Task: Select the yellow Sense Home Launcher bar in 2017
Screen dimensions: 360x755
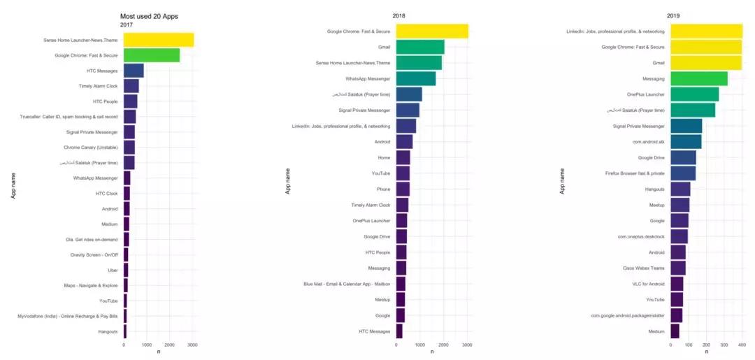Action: point(159,40)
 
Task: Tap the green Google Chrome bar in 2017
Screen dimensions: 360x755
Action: point(152,55)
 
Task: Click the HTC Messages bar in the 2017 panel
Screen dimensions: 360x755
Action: point(134,71)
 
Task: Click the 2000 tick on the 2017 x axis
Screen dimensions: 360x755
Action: point(170,345)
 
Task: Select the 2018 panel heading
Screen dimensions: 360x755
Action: point(398,15)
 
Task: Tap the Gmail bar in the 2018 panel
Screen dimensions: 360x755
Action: point(420,47)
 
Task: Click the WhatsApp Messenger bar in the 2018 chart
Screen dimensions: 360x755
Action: point(416,79)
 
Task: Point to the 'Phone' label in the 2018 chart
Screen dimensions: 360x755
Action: point(383,189)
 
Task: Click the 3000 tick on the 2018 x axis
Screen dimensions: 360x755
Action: point(467,345)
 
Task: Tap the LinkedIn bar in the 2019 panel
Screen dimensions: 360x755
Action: point(706,31)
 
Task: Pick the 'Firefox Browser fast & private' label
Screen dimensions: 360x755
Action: point(635,173)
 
